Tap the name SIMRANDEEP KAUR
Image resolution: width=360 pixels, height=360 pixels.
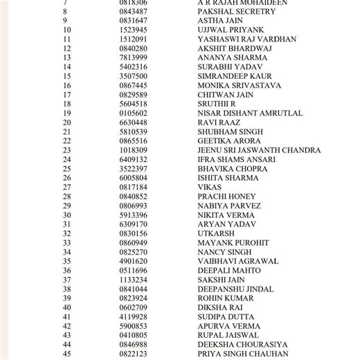(x=235, y=76)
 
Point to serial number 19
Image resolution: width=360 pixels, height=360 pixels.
(x=66, y=113)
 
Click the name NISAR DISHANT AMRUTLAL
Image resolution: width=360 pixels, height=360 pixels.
(x=250, y=113)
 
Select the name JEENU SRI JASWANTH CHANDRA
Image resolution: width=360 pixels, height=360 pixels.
(x=259, y=150)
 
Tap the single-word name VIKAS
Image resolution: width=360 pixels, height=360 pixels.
(x=210, y=187)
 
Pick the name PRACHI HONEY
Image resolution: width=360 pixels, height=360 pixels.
(x=226, y=197)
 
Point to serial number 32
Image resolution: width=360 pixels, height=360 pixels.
(x=66, y=233)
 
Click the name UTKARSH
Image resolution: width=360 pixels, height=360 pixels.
(x=216, y=233)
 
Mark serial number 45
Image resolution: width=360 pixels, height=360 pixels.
(x=66, y=354)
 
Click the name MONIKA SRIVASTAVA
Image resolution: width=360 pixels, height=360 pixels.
(x=239, y=85)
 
